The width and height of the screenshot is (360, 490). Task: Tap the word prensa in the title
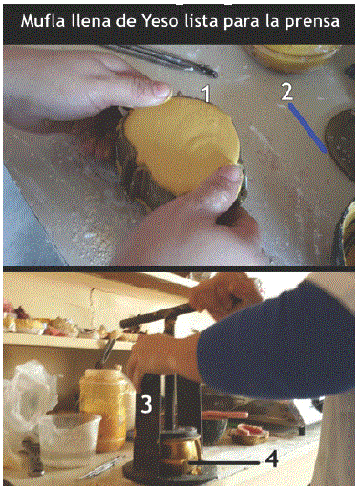pyautogui.click(x=311, y=23)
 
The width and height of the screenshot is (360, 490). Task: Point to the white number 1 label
pyautogui.click(x=207, y=95)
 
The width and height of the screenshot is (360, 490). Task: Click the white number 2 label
pyautogui.click(x=286, y=92)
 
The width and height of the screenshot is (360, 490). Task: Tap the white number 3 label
pyautogui.click(x=146, y=405)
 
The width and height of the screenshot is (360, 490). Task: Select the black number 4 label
pyautogui.click(x=271, y=459)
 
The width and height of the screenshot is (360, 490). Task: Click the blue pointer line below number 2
pyautogui.click(x=307, y=128)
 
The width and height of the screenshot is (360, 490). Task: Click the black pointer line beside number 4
pyautogui.click(x=224, y=463)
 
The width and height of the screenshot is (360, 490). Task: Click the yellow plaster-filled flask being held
pyautogui.click(x=182, y=145)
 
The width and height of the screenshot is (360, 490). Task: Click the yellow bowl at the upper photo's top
pyautogui.click(x=294, y=56)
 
